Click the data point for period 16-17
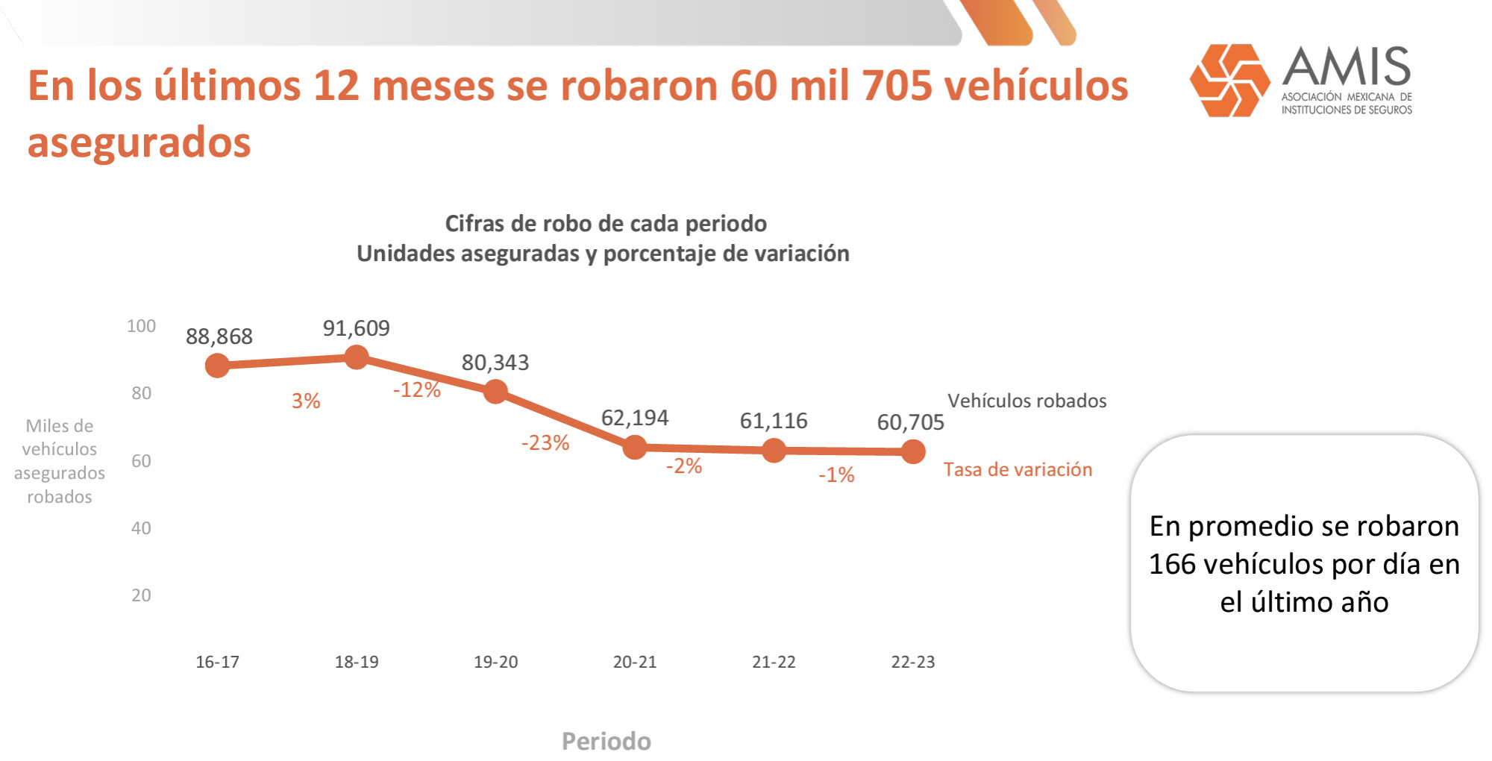pyautogui.click(x=217, y=366)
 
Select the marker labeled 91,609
pyautogui.click(x=357, y=357)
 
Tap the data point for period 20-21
pyautogui.click(x=635, y=447)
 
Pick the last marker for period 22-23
pyautogui.click(x=913, y=451)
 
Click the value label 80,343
pyautogui.click(x=495, y=363)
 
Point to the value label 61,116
pyautogui.click(x=774, y=421)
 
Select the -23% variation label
pyautogui.click(x=545, y=442)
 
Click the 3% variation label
pyautogui.click(x=306, y=401)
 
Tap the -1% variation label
pyautogui.click(x=836, y=475)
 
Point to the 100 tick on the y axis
pyautogui.click(x=141, y=326)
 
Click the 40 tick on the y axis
pyautogui.click(x=141, y=528)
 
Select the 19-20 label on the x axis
pyautogui.click(x=495, y=662)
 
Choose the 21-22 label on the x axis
pyautogui.click(x=774, y=662)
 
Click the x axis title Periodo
pyautogui.click(x=606, y=741)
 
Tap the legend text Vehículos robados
pyautogui.click(x=1026, y=401)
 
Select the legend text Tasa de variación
pyautogui.click(x=1018, y=469)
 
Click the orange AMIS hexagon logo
pyautogui.click(x=1229, y=81)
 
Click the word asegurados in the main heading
pyautogui.click(x=139, y=142)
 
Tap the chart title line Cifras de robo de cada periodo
pyautogui.click(x=606, y=224)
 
